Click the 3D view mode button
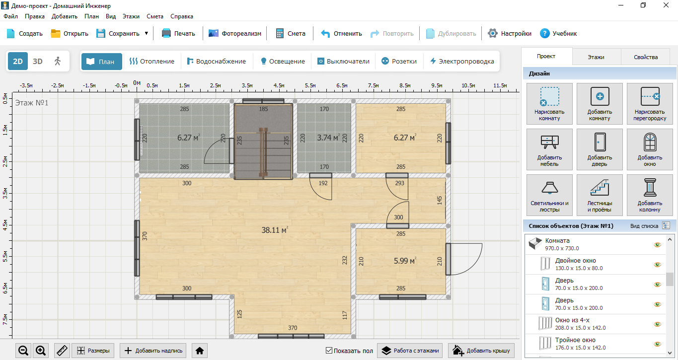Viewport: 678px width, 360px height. tap(38, 62)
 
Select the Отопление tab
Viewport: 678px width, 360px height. tap(151, 62)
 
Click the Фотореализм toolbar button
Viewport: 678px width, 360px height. tap(235, 34)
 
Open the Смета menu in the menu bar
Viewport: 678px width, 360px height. tap(155, 16)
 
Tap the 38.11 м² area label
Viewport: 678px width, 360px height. tap(275, 230)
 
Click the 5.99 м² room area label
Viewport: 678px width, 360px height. tap(405, 261)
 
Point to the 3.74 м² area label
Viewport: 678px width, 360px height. tap(328, 138)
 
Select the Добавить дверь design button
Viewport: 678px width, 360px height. tap(600, 149)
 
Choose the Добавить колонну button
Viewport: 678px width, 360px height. tap(650, 195)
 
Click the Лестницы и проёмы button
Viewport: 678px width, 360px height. tap(600, 195)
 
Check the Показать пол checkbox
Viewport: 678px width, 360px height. tap(329, 351)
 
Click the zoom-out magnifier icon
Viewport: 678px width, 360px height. tap(23, 351)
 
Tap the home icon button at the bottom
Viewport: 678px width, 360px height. tap(200, 351)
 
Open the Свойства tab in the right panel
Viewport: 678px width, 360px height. tap(646, 57)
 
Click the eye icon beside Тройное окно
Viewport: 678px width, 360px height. tap(657, 344)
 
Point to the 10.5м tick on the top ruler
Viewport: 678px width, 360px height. tap(468, 85)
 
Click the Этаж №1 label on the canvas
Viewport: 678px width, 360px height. tap(32, 103)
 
